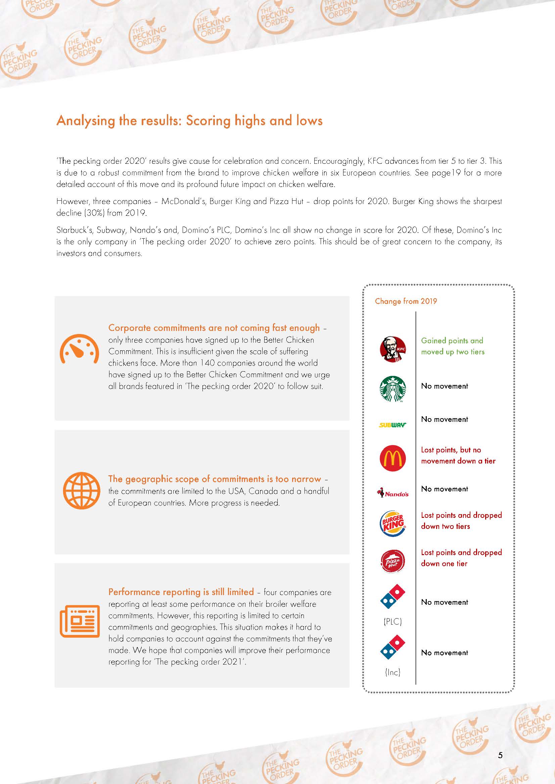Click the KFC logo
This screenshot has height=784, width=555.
pyautogui.click(x=393, y=348)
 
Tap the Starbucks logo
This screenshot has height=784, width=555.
pyautogui.click(x=393, y=389)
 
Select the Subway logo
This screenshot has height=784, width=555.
pyautogui.click(x=393, y=425)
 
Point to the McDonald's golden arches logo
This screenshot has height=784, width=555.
pyautogui.click(x=393, y=458)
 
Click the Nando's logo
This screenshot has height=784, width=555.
pyautogui.click(x=393, y=493)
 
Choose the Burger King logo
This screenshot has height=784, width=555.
pyautogui.click(x=393, y=525)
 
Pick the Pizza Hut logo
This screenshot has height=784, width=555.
pyautogui.click(x=393, y=561)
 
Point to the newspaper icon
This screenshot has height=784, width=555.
pyautogui.click(x=80, y=621)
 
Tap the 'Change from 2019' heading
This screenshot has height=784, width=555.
pyautogui.click(x=406, y=301)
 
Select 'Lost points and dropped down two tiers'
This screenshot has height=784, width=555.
pyautogui.click(x=461, y=521)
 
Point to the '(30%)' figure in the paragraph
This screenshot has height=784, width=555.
pyautogui.click(x=80, y=213)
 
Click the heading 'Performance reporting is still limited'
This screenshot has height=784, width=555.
pyautogui.click(x=181, y=592)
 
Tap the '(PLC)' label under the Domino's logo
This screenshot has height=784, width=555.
pyautogui.click(x=393, y=622)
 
